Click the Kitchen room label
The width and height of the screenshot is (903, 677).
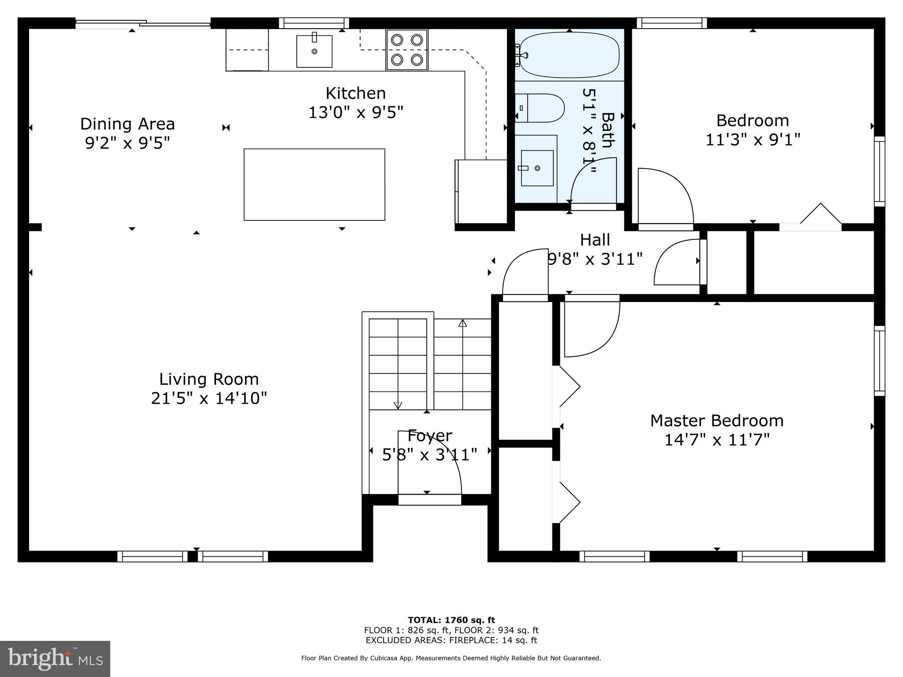pos(355,93)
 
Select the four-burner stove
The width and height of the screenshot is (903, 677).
pos(407,49)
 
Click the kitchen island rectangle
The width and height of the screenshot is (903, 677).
pos(314,184)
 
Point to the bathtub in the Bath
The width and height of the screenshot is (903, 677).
pos(569,55)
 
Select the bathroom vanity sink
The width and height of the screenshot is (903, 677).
pos(537,168)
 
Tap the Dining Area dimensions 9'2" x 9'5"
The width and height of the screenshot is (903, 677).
pos(127,143)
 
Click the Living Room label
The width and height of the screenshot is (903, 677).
pos(209,379)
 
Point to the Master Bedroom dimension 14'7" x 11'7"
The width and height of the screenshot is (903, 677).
pos(716,440)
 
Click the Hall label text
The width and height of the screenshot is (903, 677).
pos(595,240)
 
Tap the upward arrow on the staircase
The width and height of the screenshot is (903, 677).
pos(463,324)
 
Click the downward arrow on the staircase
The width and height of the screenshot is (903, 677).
pos(398,405)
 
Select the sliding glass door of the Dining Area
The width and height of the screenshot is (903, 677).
pos(143,23)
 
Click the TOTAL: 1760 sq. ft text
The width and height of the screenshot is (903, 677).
pos(451,620)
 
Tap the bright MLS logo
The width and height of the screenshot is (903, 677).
pos(55,659)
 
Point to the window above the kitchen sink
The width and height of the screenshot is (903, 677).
pos(313,23)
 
